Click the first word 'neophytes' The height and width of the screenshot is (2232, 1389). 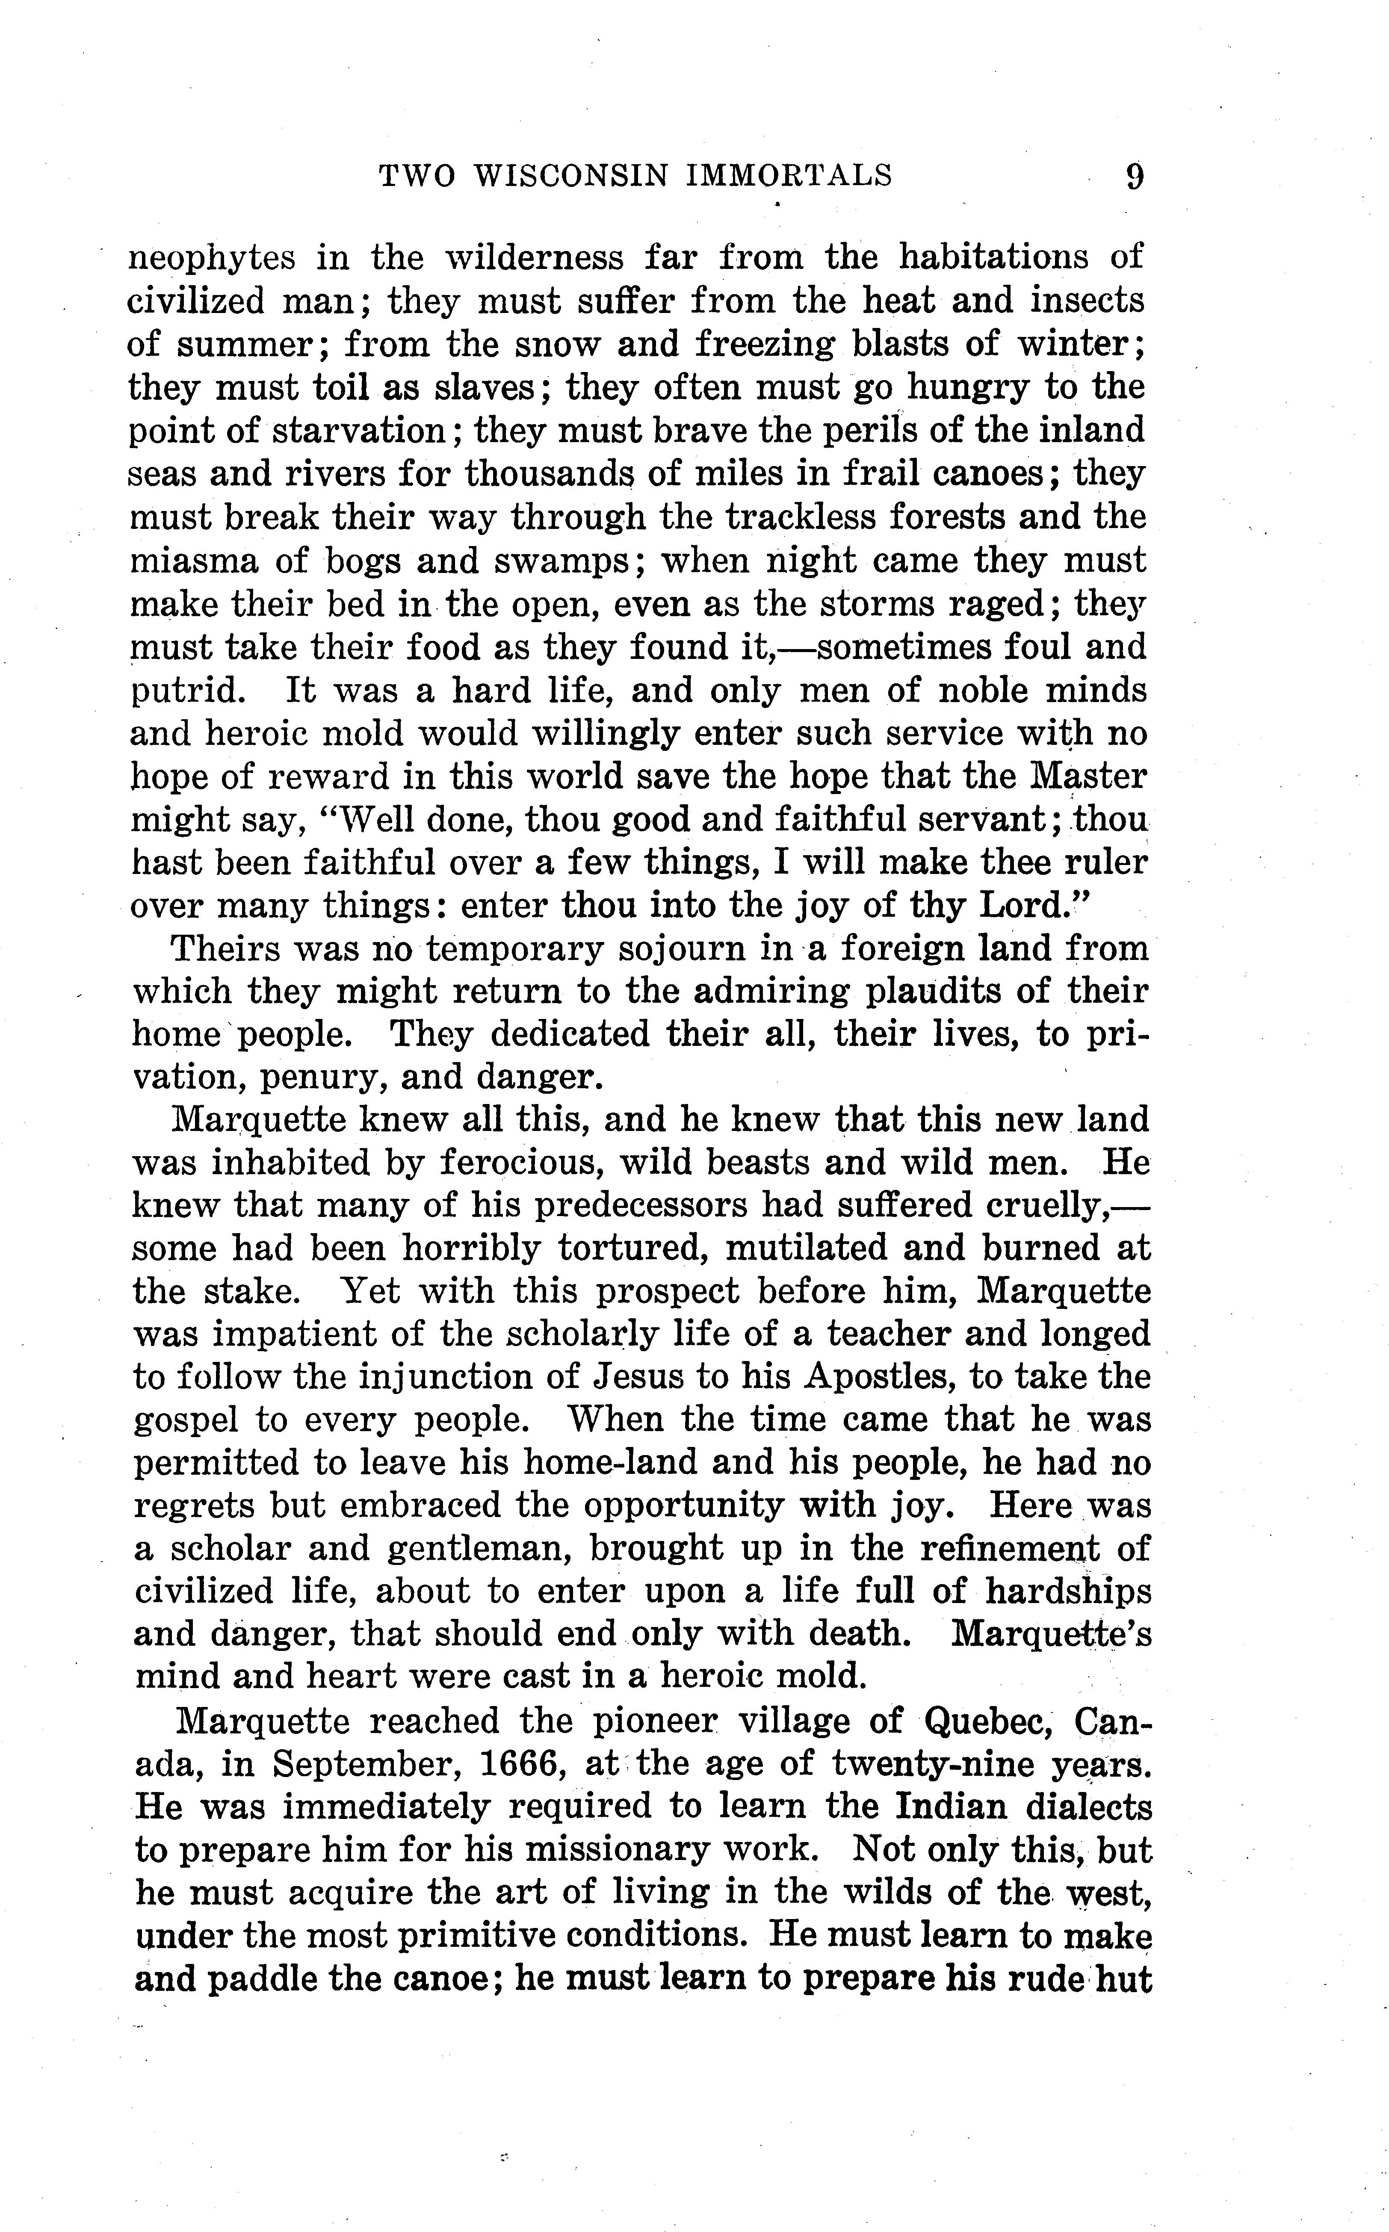click(211, 258)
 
